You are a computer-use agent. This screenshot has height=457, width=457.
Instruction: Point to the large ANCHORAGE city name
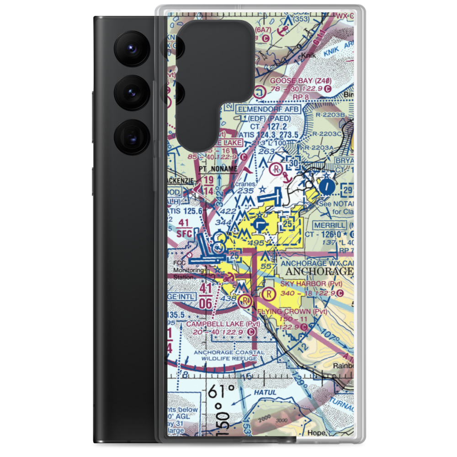click(319, 271)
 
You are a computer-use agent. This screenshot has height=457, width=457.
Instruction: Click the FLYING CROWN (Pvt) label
click(292, 311)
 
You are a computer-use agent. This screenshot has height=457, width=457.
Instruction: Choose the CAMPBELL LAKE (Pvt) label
click(223, 324)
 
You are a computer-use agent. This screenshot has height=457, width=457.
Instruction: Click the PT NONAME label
click(218, 169)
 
